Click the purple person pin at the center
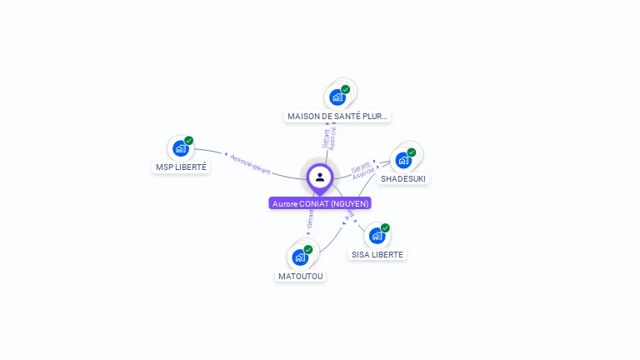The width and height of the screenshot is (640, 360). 320,177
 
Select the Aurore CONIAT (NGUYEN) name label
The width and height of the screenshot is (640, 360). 320,203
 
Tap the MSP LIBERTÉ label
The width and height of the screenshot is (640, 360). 182,167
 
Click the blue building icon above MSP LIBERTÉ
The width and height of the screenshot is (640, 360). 180,148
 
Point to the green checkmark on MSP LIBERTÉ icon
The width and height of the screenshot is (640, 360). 189,141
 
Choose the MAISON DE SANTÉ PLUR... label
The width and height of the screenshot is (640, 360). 337,117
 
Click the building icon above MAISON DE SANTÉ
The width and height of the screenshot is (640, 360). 337,97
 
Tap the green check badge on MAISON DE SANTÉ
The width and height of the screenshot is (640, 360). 346,89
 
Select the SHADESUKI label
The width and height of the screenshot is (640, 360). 403,178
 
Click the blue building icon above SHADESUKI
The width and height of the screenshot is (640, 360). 403,160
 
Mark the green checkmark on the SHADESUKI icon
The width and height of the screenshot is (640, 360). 412,152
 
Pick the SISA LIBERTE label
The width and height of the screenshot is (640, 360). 377,254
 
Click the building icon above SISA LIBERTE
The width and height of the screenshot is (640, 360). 376,236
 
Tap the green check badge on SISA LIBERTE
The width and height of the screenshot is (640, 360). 385,228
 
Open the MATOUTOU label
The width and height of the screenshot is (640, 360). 300,276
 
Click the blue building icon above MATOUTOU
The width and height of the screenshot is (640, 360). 299,257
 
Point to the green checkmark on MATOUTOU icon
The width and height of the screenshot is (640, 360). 308,250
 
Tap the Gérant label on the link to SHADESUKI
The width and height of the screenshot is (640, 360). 361,167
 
